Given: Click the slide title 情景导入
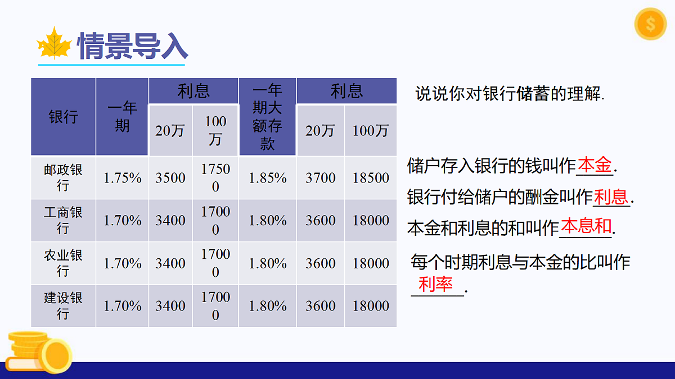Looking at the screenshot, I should [132, 45].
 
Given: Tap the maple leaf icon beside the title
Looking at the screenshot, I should [53, 44].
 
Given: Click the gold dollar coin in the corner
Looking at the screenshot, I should [650, 24].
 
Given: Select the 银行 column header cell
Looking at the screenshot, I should [63, 117].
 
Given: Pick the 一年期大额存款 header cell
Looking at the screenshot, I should [267, 117].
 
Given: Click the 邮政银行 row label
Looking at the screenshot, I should [63, 177].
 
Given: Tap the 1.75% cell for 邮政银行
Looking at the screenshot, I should [122, 178].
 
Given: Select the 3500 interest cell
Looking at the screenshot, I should [170, 178].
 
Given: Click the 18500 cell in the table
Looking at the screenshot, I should [371, 178].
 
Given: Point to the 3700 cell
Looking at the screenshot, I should [320, 178].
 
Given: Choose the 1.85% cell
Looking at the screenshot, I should [267, 178].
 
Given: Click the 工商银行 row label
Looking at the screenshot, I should [63, 220].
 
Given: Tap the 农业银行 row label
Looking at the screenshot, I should [63, 263].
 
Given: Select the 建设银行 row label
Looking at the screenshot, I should [63, 305].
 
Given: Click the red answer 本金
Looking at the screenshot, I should [595, 165].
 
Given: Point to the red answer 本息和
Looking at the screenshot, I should [586, 226].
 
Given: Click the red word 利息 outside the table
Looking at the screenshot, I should [611, 197].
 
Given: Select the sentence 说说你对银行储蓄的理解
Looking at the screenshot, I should [510, 93].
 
